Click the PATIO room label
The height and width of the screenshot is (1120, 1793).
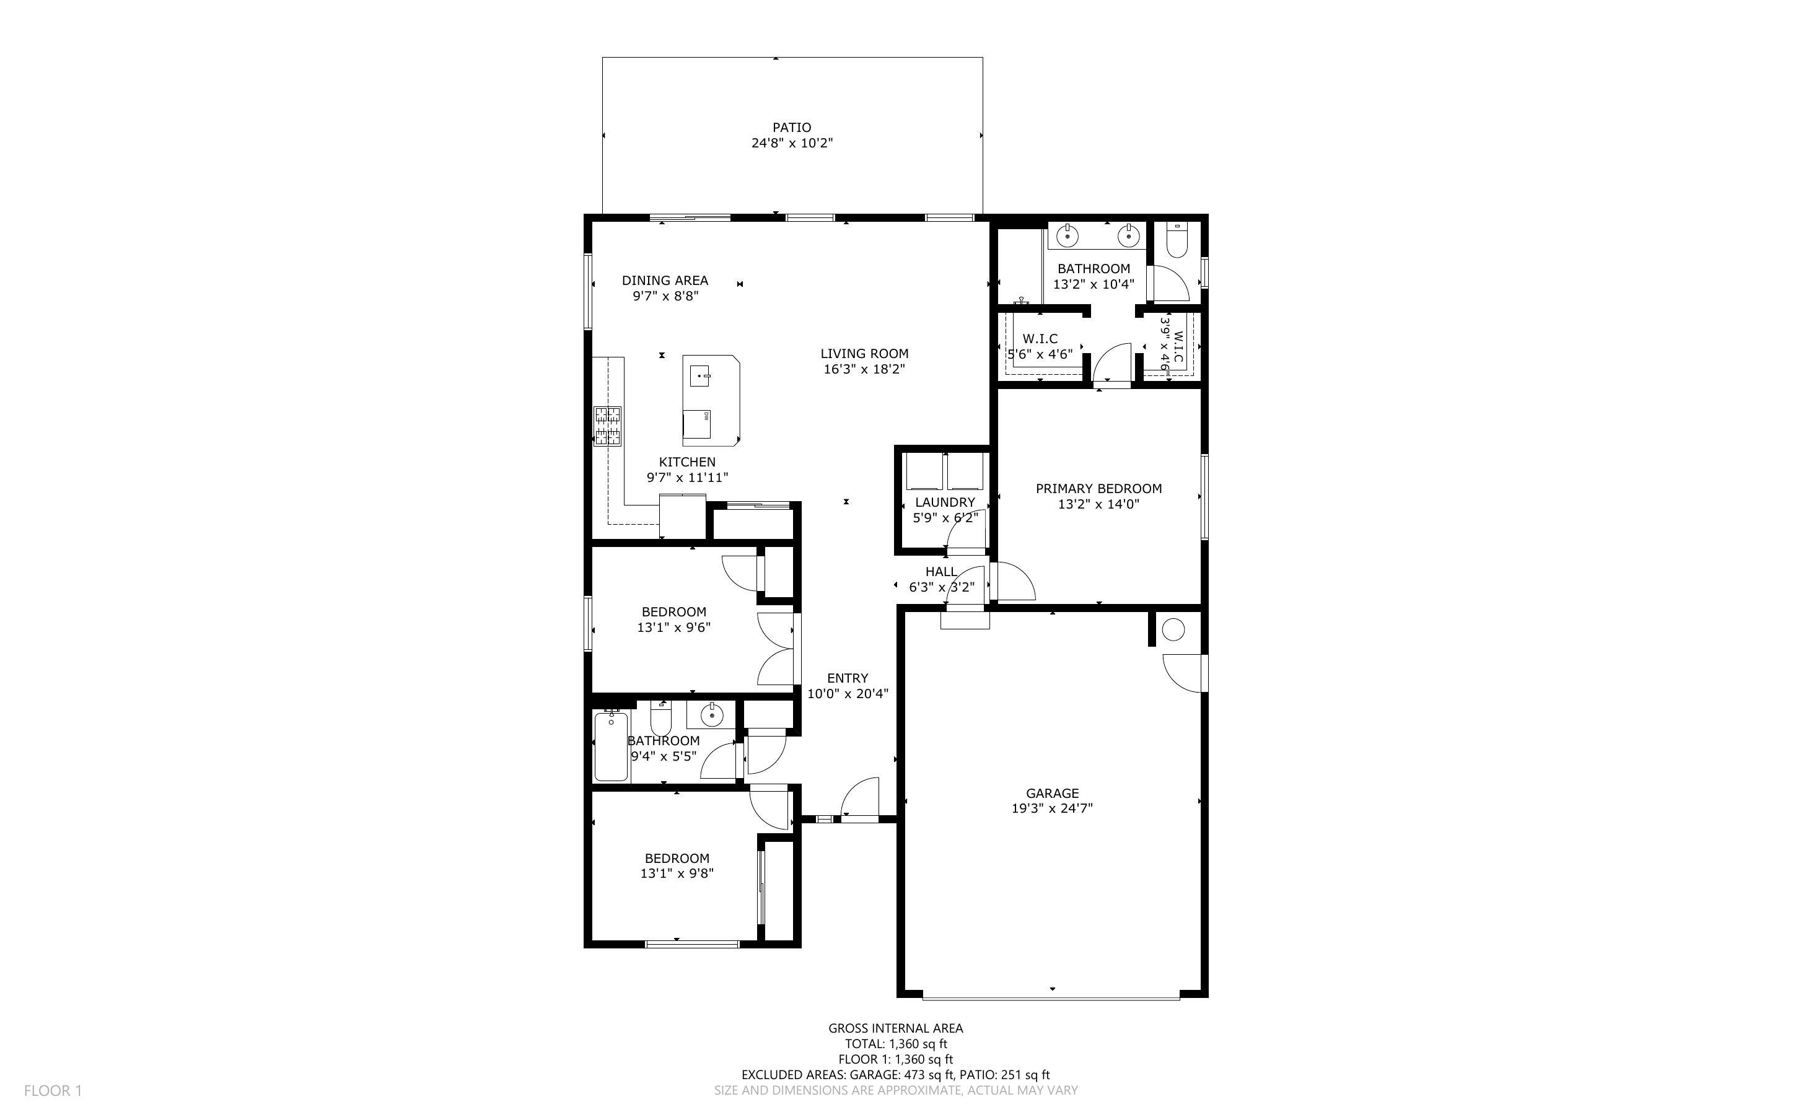pos(792,128)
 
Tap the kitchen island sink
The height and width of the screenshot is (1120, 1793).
pos(701,375)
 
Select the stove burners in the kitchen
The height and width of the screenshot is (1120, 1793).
pos(607,426)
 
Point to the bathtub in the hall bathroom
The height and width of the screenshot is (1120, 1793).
pos(612,745)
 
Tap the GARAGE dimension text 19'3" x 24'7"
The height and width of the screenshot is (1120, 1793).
pos(1051,808)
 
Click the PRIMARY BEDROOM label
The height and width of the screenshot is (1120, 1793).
pos(1098,488)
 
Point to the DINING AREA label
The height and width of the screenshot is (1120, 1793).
pos(665,280)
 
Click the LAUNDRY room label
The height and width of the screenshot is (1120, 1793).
pos(945,502)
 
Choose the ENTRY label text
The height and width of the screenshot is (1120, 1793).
pos(848,678)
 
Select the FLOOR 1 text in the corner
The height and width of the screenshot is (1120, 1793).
pos(53,1090)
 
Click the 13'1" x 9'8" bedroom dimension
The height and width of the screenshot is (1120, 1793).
pos(677,873)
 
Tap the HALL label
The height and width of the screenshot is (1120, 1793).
pos(940,571)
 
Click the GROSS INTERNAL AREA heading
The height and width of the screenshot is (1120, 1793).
pos(895,1028)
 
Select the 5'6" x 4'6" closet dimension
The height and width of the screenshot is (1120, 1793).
pos(1040,354)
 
